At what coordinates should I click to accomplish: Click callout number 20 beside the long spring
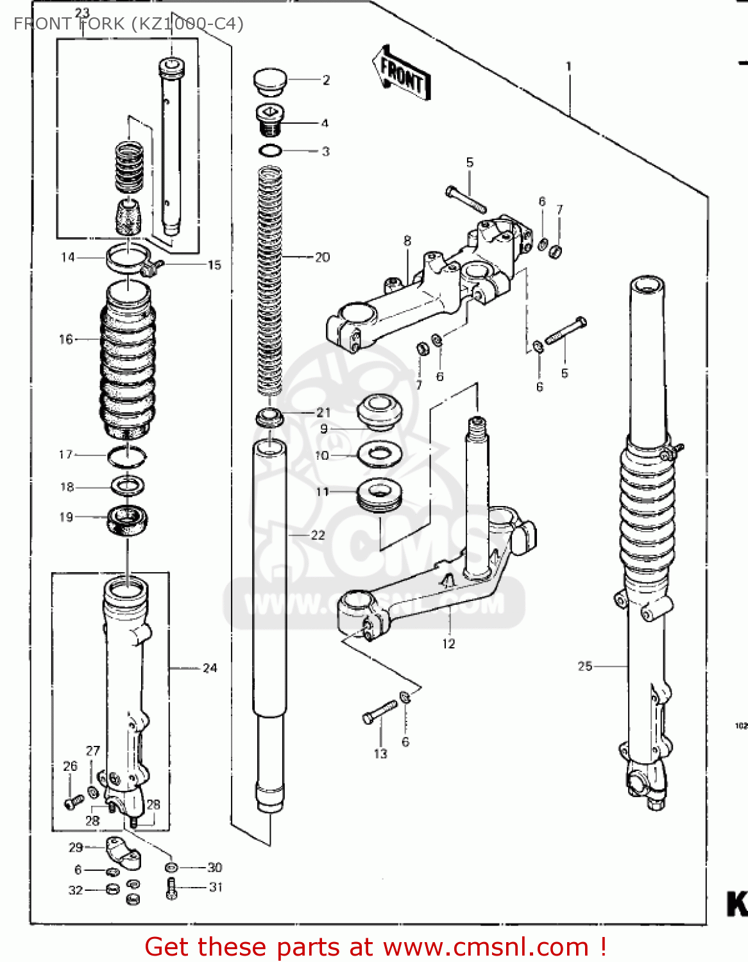click(322, 257)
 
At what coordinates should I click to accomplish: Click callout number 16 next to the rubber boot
click(66, 339)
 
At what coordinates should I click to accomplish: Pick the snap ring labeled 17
click(126, 457)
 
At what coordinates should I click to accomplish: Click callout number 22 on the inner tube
click(318, 535)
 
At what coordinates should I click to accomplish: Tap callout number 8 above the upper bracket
click(407, 241)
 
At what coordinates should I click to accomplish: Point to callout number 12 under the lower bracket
click(448, 643)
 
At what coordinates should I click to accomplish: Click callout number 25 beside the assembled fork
click(584, 666)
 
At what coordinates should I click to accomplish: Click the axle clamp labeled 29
click(123, 851)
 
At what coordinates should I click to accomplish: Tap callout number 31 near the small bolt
click(216, 887)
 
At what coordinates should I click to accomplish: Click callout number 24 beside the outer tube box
click(210, 668)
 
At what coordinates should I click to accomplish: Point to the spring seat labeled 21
click(270, 418)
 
